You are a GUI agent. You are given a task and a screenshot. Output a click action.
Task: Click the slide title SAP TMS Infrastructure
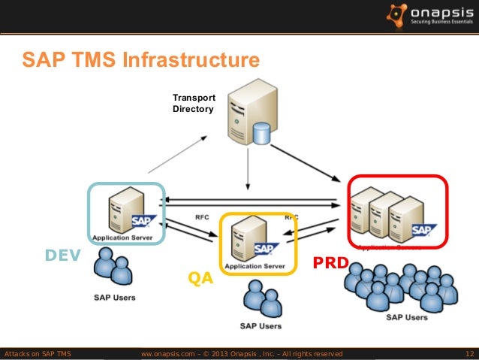(140, 59)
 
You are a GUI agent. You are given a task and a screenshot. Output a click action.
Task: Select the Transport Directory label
(194, 104)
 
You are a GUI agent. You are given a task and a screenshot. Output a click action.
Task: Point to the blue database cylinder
(261, 133)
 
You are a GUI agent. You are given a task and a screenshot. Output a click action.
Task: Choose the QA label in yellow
(200, 279)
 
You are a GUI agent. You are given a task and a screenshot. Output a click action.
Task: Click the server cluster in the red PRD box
(390, 210)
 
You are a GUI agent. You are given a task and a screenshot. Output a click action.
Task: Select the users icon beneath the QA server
(260, 299)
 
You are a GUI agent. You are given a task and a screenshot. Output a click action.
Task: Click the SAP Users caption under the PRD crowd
(406, 317)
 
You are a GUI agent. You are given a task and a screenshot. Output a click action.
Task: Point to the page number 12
(469, 353)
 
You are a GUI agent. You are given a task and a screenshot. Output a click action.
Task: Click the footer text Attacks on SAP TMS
(38, 353)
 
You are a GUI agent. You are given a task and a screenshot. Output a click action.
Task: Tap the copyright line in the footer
(242, 353)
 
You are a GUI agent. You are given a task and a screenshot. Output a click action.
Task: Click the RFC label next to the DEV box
(202, 217)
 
